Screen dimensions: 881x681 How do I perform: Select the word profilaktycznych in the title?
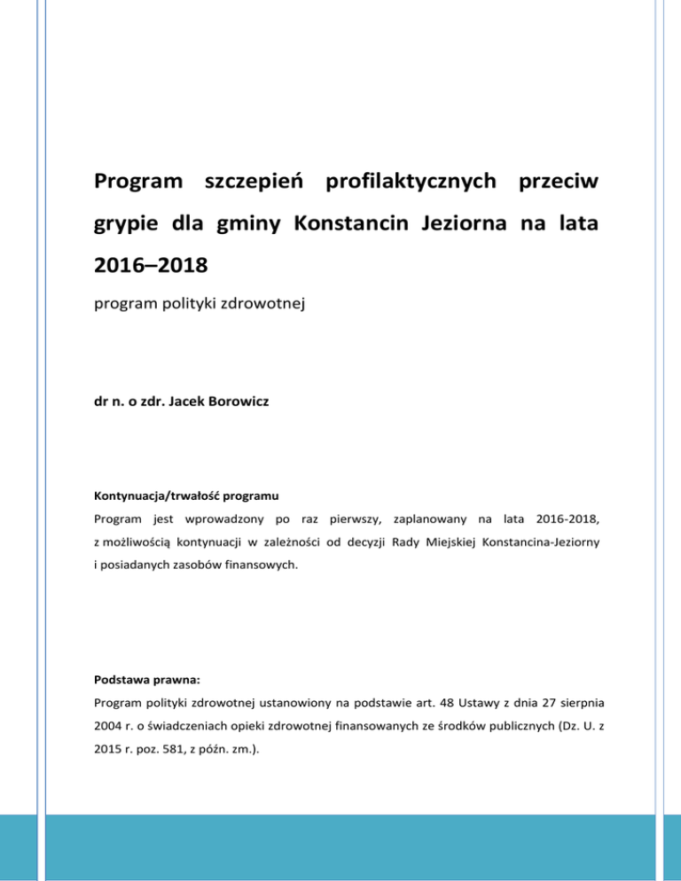click(x=407, y=183)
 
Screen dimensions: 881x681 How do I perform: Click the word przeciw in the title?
click(x=557, y=183)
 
